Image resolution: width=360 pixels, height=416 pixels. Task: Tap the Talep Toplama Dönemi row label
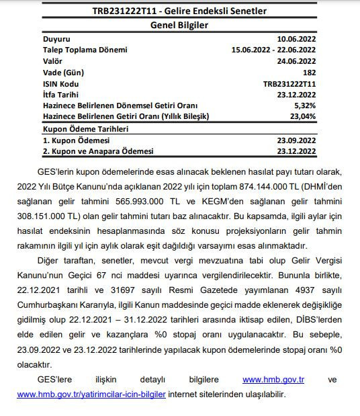point(84,50)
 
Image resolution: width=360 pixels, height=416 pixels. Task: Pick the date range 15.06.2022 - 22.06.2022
point(273,50)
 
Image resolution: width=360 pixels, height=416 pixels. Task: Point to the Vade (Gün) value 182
point(308,72)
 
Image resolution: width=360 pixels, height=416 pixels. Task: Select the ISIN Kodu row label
point(61,84)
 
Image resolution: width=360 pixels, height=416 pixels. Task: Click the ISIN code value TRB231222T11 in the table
point(289,84)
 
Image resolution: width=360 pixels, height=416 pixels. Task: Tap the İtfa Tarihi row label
point(64,95)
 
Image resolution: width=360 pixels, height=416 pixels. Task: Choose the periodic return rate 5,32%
point(304,106)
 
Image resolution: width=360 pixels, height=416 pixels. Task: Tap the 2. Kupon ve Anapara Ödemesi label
point(97,152)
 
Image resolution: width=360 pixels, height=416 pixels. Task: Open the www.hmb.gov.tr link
point(273,380)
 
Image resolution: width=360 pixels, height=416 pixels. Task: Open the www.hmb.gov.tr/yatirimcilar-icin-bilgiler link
point(91,394)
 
